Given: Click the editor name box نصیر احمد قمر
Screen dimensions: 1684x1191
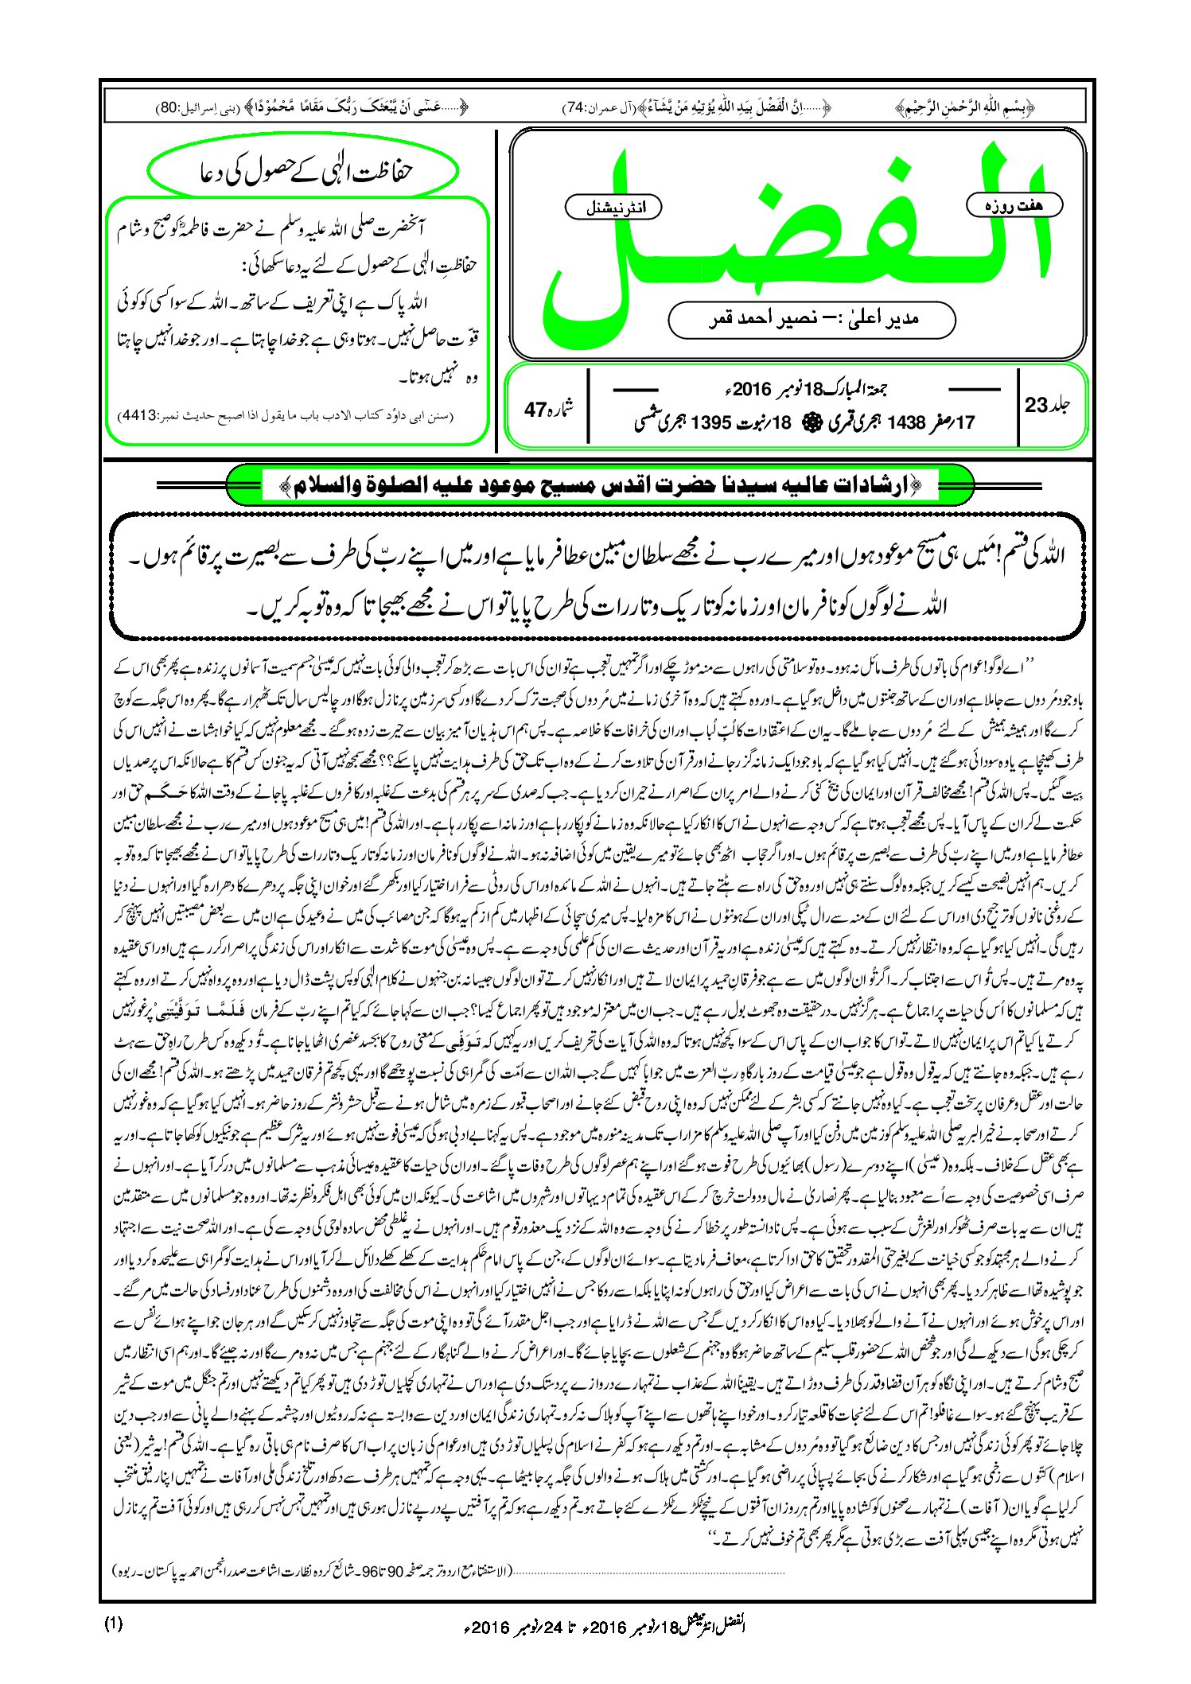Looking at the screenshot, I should (812, 320).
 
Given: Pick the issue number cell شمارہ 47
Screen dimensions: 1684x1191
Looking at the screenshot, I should (548, 409).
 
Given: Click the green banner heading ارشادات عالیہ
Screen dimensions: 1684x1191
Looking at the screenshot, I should (600, 485).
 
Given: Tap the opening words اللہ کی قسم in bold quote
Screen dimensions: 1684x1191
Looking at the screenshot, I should (1034, 554).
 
